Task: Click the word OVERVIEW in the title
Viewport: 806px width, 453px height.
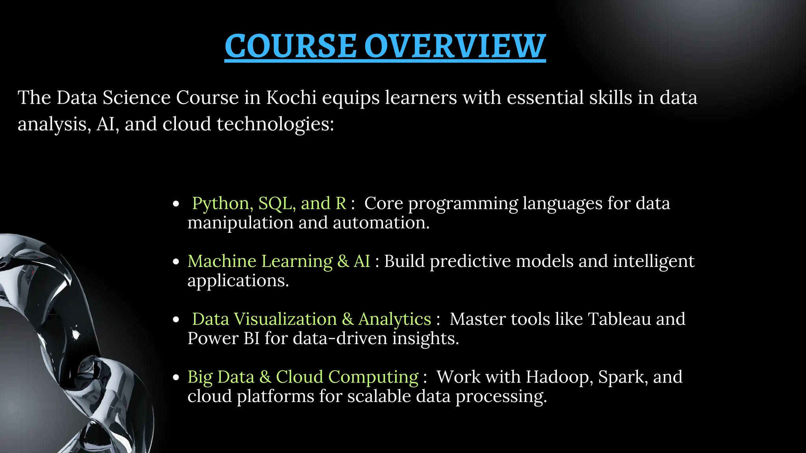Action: click(455, 46)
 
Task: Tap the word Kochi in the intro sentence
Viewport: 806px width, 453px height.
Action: click(291, 98)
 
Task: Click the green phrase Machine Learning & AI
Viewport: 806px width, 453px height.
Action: click(279, 261)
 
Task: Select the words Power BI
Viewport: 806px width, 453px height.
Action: click(223, 338)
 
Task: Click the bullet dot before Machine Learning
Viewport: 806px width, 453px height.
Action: click(176, 262)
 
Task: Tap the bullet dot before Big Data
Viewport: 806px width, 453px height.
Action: click(176, 377)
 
